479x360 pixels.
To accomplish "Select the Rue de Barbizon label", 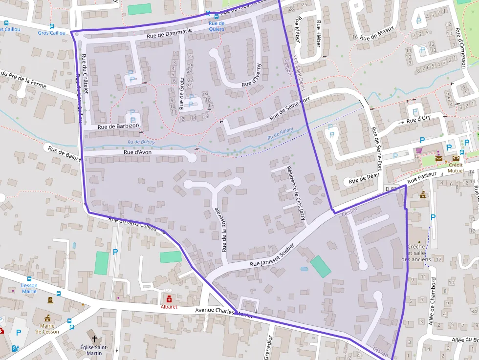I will point(118,126).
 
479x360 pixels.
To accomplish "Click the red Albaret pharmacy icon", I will point(169,298).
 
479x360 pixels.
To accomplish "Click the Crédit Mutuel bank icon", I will point(456,158).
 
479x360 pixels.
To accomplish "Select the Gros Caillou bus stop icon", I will point(52,26).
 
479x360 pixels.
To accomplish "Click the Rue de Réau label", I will point(364,179).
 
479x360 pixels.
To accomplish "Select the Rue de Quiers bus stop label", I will point(216,26).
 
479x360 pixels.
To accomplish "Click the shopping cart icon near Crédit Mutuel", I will point(418,150).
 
